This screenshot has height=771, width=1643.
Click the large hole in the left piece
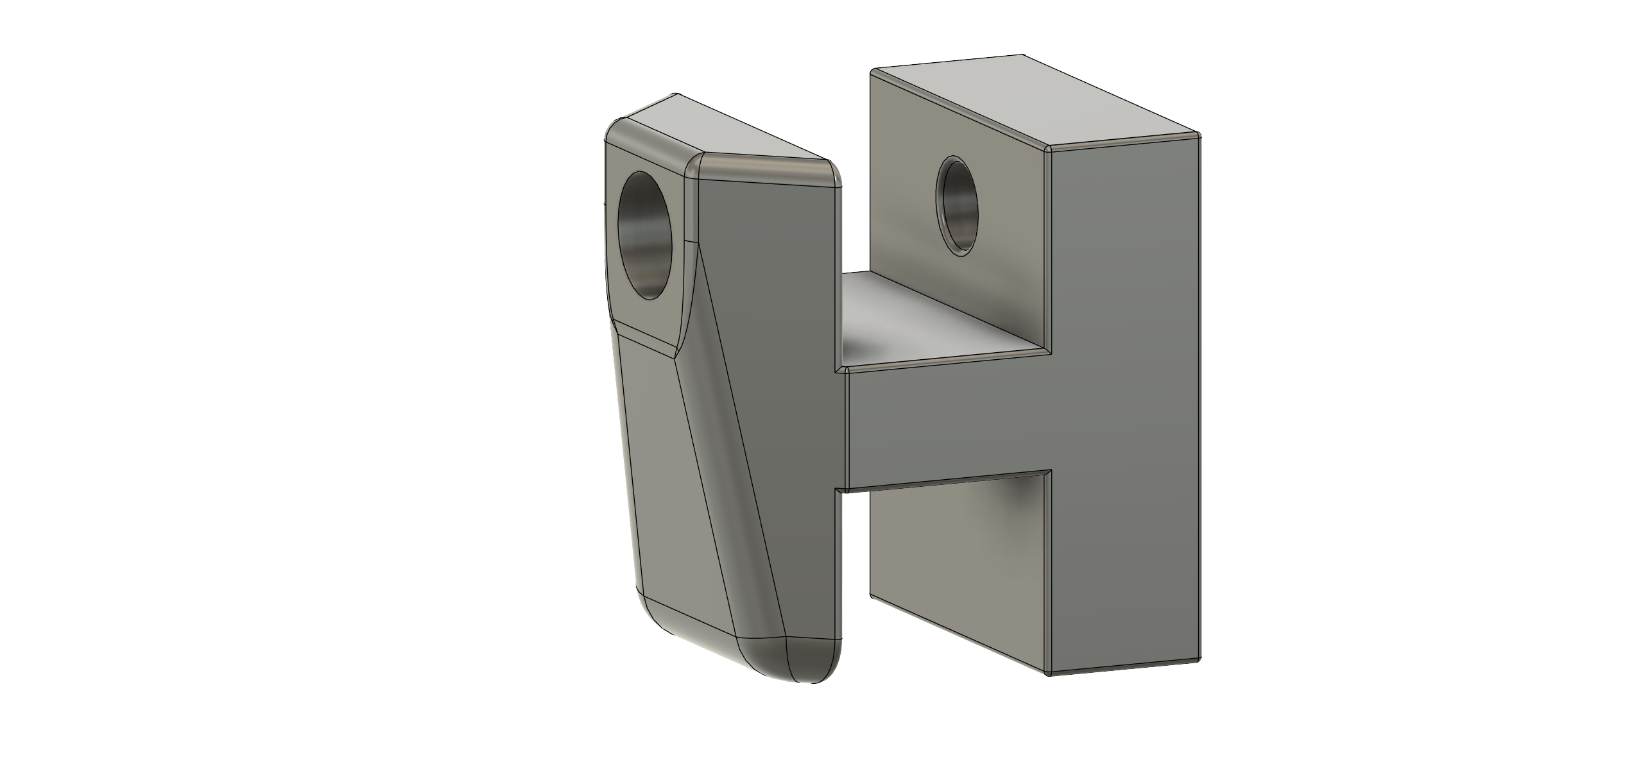point(196,235)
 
